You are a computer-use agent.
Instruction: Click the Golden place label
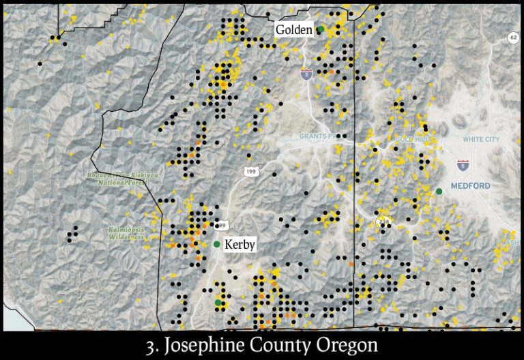[293, 30]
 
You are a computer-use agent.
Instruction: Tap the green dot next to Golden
[320, 29]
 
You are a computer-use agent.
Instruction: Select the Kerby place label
[239, 244]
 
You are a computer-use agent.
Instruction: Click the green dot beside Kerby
[217, 244]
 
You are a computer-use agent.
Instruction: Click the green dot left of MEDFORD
[439, 191]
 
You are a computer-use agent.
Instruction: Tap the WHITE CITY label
[481, 140]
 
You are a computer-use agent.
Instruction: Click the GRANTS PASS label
[321, 136]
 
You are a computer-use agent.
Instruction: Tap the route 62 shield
[513, 37]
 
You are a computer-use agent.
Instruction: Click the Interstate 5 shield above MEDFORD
[462, 164]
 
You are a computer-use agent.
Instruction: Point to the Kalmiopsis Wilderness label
[126, 234]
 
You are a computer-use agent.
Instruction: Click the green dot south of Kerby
[218, 302]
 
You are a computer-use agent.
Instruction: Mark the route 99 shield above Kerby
[222, 224]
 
